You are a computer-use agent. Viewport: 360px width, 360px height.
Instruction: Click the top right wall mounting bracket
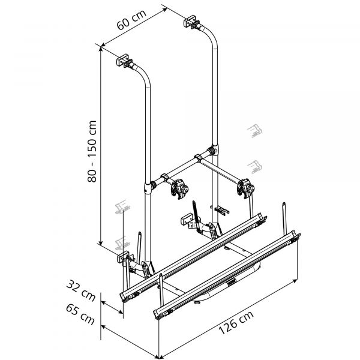(193, 22)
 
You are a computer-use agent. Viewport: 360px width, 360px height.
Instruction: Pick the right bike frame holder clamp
(245, 188)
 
